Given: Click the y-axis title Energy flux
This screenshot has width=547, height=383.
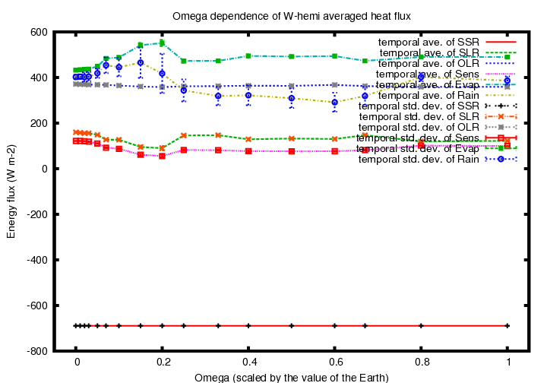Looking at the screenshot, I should pyautogui.click(x=11, y=191).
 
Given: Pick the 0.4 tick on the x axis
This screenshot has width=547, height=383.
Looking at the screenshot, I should pyautogui.click(x=248, y=362).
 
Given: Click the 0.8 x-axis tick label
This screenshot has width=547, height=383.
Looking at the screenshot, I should pyautogui.click(x=421, y=362).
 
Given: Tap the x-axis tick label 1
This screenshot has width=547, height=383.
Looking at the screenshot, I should pyautogui.click(x=507, y=362).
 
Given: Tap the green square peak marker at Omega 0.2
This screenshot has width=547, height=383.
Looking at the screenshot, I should pyautogui.click(x=162, y=43).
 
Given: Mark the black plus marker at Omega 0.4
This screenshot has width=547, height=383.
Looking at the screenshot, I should pyautogui.click(x=248, y=326).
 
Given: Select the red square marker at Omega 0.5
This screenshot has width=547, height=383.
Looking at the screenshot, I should pyautogui.click(x=292, y=151).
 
